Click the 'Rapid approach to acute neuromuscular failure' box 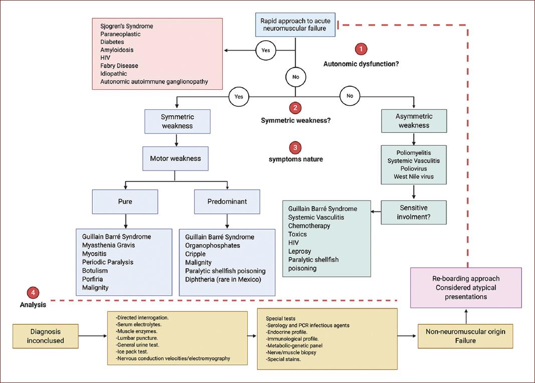(x=293, y=25)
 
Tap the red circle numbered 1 (x=361, y=49)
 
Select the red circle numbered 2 (x=296, y=107)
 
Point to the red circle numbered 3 (x=296, y=147)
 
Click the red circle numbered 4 (x=33, y=293)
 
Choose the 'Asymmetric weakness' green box (x=414, y=121)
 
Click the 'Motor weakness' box (x=175, y=158)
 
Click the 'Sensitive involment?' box (x=413, y=212)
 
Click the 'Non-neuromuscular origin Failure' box (x=466, y=336)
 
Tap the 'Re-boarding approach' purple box (x=466, y=287)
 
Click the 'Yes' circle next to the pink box (x=266, y=50)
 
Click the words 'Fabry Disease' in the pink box (x=119, y=66)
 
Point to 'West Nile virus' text (x=414, y=176)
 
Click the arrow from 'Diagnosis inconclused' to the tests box (x=93, y=337)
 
